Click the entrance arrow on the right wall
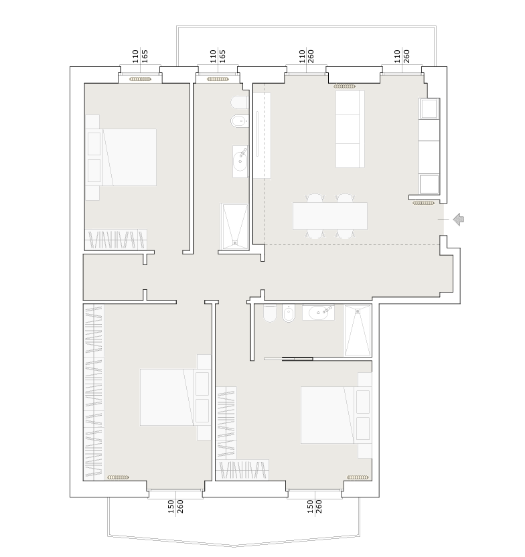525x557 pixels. [x=459, y=219]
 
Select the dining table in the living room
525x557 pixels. [x=330, y=216]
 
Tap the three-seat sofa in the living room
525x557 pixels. [x=350, y=129]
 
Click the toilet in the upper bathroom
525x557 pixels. [x=240, y=103]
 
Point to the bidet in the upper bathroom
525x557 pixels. [x=240, y=121]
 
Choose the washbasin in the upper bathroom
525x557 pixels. [x=240, y=161]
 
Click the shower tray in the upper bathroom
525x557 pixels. [x=234, y=226]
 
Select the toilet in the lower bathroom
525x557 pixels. [x=270, y=313]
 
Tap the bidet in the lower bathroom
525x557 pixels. [x=289, y=313]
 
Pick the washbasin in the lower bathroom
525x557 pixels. [x=318, y=312]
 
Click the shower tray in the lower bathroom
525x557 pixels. [x=358, y=330]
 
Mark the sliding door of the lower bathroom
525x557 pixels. [x=289, y=359]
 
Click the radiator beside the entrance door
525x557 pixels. [x=423, y=204]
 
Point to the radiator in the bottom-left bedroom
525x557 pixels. [x=118, y=477]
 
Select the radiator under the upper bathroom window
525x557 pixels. [x=218, y=79]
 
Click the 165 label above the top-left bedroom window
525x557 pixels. [x=145, y=56]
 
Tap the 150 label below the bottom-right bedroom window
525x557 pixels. [x=310, y=507]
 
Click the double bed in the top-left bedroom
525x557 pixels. [x=121, y=157]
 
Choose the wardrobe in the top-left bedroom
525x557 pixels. [x=116, y=240]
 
